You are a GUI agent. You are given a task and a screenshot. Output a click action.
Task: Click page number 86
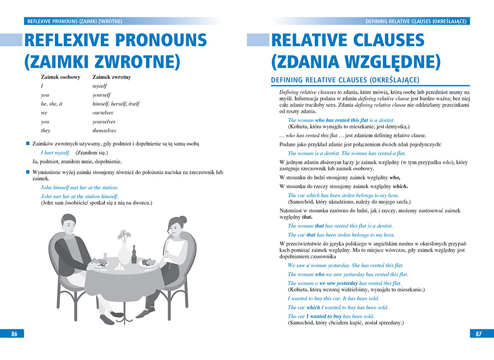tap(14, 334)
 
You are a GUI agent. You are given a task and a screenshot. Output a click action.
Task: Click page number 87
tap(478, 334)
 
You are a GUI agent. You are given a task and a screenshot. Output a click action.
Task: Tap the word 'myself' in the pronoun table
tap(100, 86)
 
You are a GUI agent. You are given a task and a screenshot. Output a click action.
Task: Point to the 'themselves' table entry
tap(104, 130)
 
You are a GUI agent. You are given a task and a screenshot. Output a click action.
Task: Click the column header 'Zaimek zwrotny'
tap(111, 77)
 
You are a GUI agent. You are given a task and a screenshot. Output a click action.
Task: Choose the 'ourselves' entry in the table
tap(103, 113)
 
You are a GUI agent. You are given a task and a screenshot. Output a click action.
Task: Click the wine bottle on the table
tap(134, 254)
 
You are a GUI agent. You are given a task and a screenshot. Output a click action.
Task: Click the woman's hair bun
tap(183, 219)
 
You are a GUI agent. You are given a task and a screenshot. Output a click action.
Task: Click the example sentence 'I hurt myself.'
tap(55, 153)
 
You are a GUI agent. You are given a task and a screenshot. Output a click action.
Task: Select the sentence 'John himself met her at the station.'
tap(79, 188)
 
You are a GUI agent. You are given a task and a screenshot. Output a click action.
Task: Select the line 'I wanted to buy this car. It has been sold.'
tap(333, 298)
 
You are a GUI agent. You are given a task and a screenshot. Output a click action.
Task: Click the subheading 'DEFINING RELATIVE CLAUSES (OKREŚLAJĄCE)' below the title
tap(345, 80)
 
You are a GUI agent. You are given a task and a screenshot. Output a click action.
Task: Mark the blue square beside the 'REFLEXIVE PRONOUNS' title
tap(11, 40)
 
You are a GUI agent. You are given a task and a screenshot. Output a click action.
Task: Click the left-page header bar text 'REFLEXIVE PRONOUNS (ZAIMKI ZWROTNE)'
tap(75, 21)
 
